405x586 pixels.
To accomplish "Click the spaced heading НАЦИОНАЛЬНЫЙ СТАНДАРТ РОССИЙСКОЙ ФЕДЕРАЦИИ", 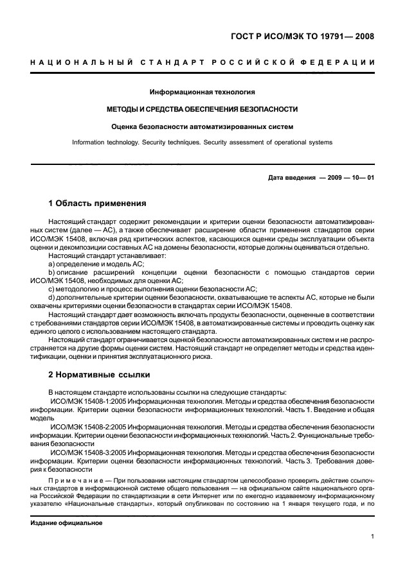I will (x=203, y=62).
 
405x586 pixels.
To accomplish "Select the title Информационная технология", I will (x=203, y=92).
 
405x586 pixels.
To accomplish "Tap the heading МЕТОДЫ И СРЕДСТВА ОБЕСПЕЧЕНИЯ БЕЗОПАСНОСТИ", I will (x=203, y=109).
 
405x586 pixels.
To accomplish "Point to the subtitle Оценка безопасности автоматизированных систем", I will (x=203, y=126).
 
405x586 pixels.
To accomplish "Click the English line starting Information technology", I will (x=203, y=142).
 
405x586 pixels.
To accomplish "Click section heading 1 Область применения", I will (x=98, y=203).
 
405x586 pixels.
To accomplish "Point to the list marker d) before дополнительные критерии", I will (x=51, y=297).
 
